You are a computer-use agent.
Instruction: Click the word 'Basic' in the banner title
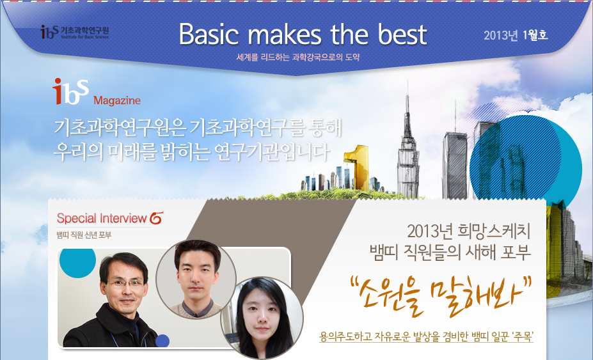click(209, 34)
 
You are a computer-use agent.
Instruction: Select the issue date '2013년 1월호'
click(516, 35)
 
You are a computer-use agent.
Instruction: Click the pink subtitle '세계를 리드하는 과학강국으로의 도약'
click(297, 58)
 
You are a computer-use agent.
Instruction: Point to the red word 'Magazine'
click(117, 100)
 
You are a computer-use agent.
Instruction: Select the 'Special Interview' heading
click(102, 218)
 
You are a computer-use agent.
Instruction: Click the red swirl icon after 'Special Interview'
click(157, 218)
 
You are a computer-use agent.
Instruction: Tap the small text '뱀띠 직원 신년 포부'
click(84, 235)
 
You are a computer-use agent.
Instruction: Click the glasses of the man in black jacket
click(125, 283)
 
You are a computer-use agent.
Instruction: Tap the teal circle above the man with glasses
click(78, 262)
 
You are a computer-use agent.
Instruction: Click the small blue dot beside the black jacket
click(162, 341)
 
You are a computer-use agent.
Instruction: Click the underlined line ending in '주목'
click(426, 336)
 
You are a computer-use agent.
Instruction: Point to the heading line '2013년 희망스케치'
click(468, 231)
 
